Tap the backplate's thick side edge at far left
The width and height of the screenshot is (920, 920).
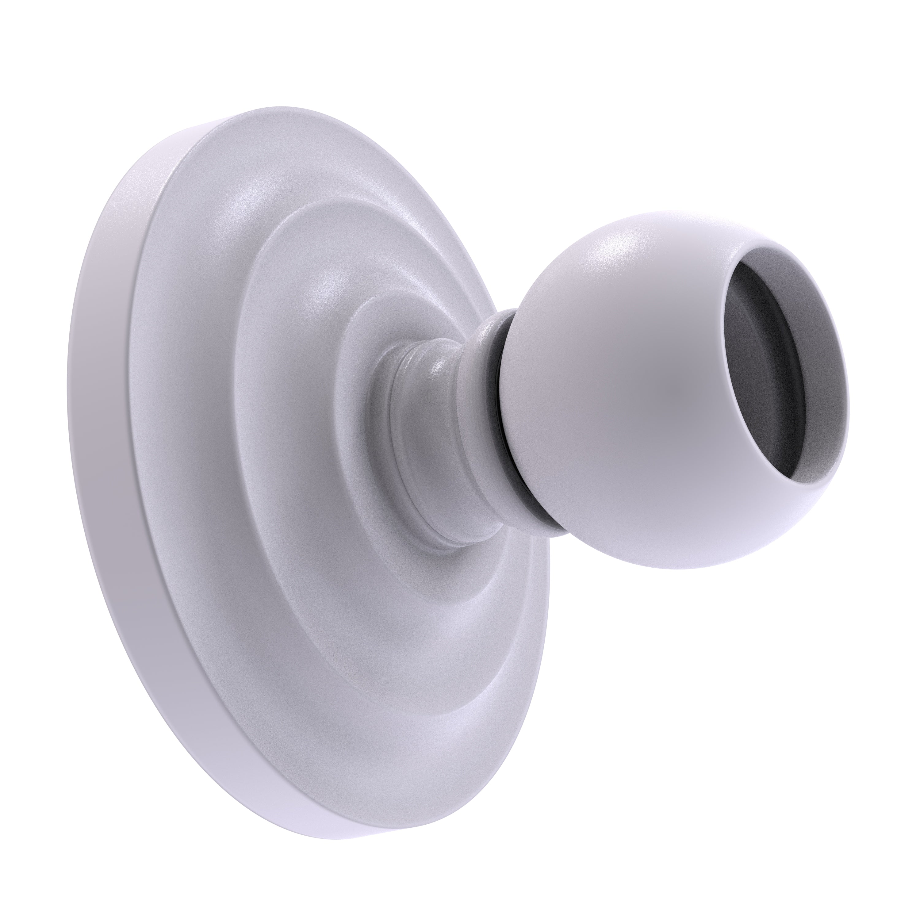[90, 429]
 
